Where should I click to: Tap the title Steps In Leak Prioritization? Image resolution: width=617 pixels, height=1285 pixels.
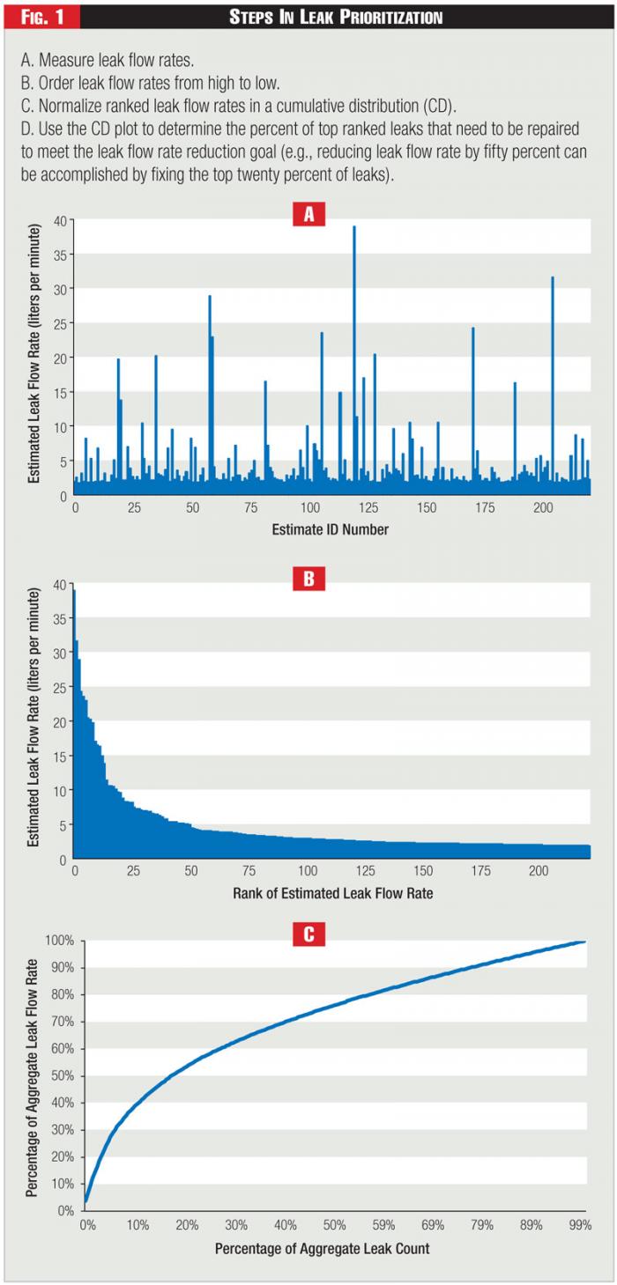[336, 17]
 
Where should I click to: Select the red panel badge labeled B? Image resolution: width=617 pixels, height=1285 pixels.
[308, 579]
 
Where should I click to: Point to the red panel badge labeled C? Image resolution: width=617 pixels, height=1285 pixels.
[308, 934]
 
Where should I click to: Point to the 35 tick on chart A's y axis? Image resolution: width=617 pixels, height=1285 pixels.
[59, 255]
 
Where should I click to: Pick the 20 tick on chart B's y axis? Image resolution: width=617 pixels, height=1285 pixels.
[60, 721]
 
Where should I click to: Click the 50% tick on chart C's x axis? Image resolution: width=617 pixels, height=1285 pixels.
[333, 1225]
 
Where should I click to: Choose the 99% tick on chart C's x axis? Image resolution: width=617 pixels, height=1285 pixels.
[579, 1225]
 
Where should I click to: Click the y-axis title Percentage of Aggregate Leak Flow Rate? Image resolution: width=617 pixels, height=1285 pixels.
[33, 1075]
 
